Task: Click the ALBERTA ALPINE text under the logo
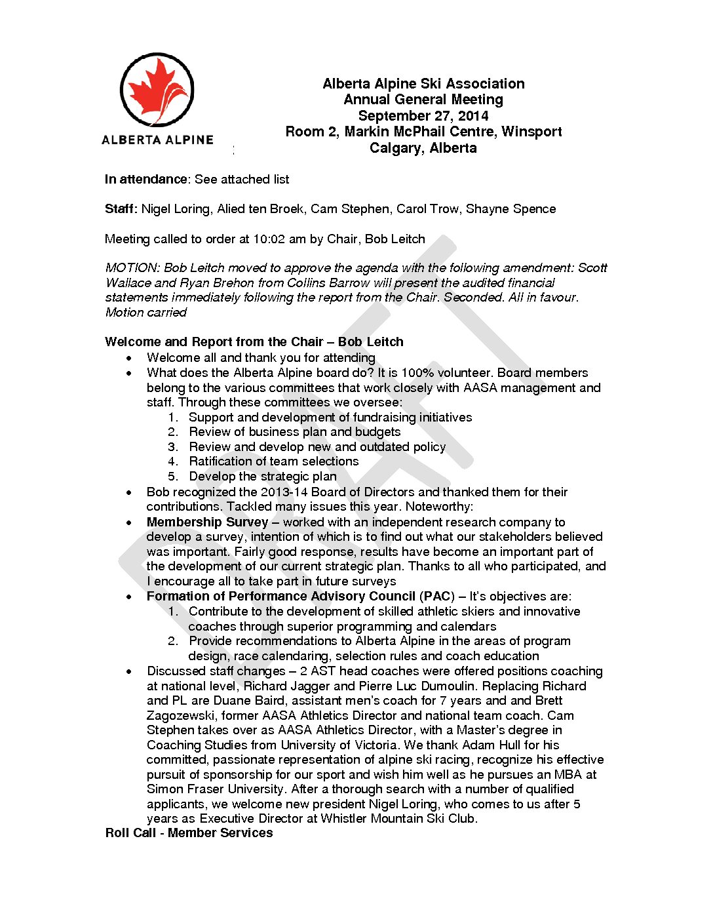[x=157, y=140]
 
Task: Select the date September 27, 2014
[x=423, y=116]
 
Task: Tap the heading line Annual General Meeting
[x=423, y=100]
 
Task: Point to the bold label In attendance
[x=146, y=179]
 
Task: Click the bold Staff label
[x=121, y=209]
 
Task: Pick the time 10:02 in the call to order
[x=269, y=239]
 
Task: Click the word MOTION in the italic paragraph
[x=132, y=268]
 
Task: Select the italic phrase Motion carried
[x=146, y=313]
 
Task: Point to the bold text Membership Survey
[x=207, y=522]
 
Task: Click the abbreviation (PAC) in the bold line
[x=437, y=597]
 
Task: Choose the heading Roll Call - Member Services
[x=189, y=833]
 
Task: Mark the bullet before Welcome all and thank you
[x=130, y=358]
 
